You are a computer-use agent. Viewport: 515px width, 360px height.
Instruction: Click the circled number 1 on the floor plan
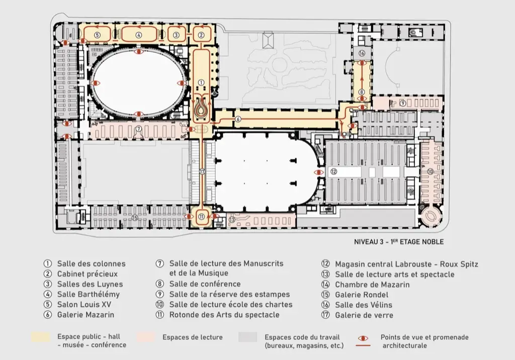coord(201,83)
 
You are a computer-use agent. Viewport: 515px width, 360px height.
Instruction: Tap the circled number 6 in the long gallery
coord(238,119)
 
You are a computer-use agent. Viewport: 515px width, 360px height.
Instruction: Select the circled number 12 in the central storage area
coord(334,171)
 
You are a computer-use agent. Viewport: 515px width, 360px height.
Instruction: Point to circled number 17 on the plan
coord(202,171)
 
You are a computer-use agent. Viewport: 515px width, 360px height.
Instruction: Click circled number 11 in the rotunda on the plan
coord(201,217)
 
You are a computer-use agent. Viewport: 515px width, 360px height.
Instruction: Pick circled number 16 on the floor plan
coord(362,53)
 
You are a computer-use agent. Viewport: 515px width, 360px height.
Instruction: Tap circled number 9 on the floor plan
coord(403,103)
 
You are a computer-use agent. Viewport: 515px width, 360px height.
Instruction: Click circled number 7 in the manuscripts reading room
coord(139,129)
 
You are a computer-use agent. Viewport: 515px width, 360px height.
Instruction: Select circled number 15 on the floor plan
coord(134,218)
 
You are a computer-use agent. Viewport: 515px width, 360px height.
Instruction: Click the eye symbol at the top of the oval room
coord(139,52)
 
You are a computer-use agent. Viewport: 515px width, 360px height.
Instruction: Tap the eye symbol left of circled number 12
coord(318,172)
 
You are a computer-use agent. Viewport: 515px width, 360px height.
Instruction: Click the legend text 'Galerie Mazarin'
coord(85,315)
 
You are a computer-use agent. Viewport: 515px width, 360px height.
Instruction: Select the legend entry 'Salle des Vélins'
coord(364,305)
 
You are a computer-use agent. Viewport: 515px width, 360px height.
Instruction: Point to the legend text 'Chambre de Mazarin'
coord(372,285)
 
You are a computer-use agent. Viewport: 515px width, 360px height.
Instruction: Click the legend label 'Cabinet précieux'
coord(88,274)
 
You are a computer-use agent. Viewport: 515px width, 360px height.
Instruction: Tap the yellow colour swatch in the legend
coord(41,337)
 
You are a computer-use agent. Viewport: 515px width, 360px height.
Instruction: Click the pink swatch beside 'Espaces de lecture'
coord(145,337)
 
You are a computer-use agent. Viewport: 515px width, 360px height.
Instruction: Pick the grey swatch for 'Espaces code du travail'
coord(247,337)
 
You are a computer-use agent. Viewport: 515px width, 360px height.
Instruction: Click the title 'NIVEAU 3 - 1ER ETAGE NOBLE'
coord(399,242)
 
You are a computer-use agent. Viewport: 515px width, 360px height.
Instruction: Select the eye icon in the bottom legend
coord(363,338)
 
